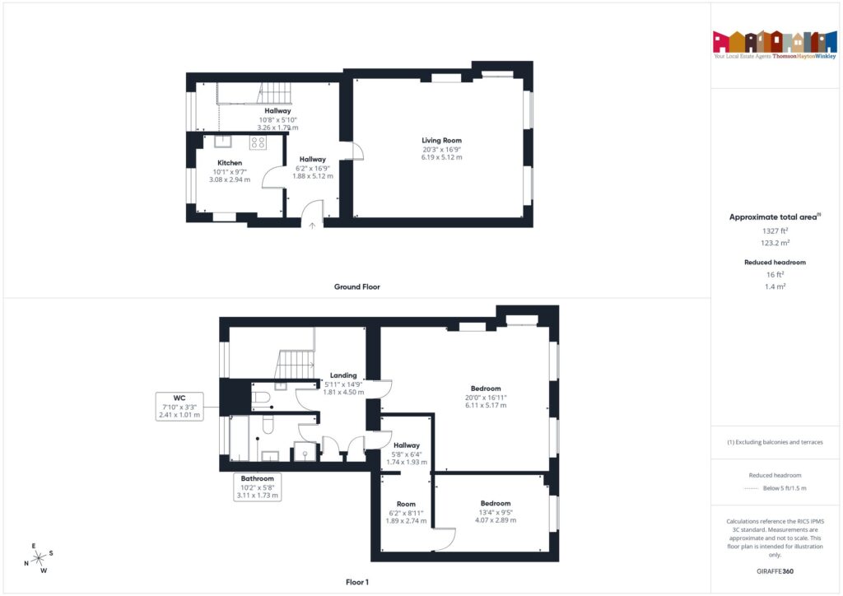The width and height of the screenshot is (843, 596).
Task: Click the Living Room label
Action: (x=441, y=141)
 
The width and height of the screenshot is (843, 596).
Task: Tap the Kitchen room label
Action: (x=230, y=163)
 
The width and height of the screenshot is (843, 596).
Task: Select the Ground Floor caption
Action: (x=356, y=287)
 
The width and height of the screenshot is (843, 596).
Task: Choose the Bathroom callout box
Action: (x=257, y=487)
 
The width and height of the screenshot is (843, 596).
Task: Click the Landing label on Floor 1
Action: (x=343, y=375)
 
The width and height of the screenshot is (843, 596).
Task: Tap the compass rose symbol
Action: (x=39, y=558)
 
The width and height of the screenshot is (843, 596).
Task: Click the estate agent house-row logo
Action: (x=769, y=41)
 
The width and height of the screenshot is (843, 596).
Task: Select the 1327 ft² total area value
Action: (x=775, y=231)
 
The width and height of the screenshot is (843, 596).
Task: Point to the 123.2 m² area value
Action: (x=775, y=244)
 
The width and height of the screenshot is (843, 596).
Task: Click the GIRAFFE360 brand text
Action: (x=775, y=570)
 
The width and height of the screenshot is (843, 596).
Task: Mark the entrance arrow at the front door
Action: (x=312, y=223)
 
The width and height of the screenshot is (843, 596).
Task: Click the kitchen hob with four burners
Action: (x=258, y=142)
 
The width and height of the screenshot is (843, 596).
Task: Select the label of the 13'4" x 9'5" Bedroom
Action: (x=496, y=503)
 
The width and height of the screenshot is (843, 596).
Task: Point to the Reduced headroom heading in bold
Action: (x=775, y=262)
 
